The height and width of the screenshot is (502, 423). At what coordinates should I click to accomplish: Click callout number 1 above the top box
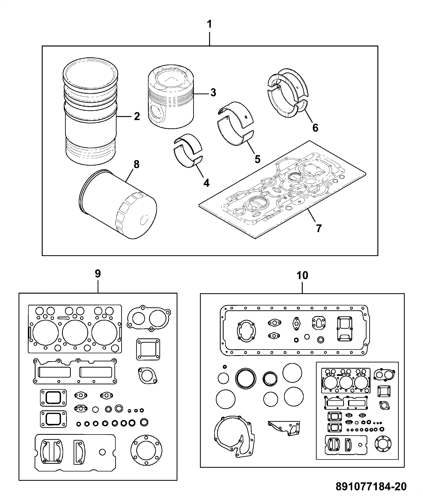[210, 24]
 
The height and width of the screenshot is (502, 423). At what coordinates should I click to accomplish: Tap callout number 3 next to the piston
[213, 92]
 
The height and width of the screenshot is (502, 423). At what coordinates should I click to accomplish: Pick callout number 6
[315, 128]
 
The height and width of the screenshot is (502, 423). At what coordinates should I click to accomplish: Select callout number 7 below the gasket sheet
[319, 228]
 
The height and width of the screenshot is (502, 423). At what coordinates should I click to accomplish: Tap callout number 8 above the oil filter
[136, 164]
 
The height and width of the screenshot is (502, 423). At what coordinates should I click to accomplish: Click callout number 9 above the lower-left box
[98, 274]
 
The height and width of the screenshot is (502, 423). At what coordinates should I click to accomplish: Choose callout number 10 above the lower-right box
[303, 275]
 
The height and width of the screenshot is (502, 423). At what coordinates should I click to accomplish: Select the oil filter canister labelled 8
[118, 204]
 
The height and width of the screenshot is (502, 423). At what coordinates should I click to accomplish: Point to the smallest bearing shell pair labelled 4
[188, 151]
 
